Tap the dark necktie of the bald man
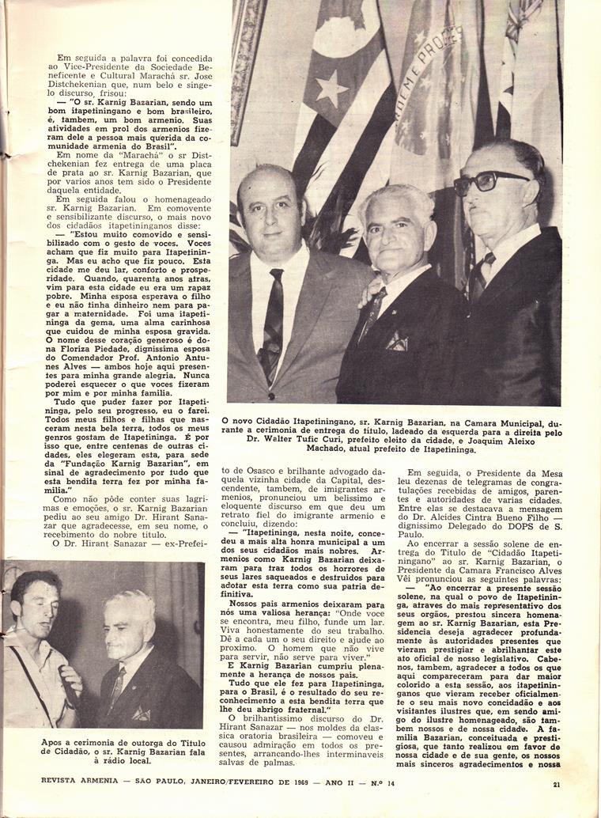click(274, 324)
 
